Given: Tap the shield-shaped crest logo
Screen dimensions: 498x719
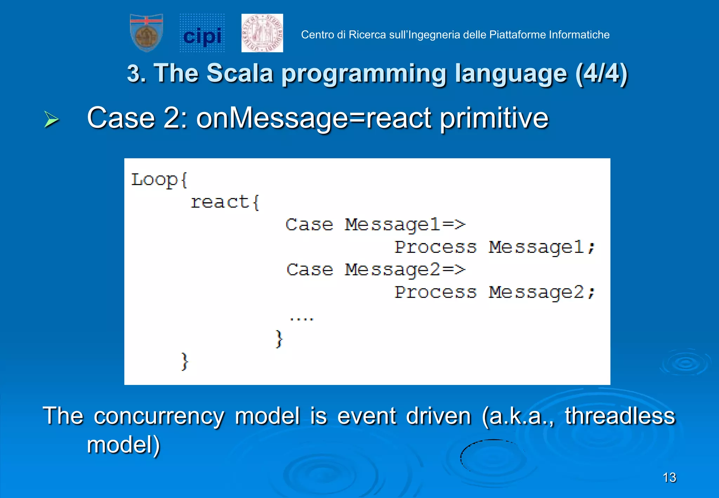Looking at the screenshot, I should point(146,33).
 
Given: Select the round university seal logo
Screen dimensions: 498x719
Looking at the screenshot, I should point(262,33).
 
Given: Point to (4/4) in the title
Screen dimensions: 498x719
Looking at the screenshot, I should point(601,73).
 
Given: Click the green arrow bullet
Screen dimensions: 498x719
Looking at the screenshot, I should point(51,119).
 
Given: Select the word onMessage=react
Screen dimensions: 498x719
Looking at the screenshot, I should point(314,118).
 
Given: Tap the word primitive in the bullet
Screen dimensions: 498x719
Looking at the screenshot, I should point(494,118).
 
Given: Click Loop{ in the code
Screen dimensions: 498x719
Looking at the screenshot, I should point(159,180).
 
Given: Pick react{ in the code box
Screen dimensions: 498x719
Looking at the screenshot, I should point(225,203).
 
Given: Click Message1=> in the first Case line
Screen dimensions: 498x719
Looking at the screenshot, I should point(405,225).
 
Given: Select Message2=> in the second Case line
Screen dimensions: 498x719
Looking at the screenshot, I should point(405,270).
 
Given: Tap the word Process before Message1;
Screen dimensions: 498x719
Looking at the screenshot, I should point(435,247).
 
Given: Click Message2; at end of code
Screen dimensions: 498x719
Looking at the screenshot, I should point(542,293).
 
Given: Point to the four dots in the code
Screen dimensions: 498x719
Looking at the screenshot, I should point(301,319).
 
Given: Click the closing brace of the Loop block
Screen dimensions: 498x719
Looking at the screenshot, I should point(184,361).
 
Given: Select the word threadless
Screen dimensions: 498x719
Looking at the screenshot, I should point(620,416).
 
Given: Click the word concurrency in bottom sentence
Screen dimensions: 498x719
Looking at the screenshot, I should point(159,417).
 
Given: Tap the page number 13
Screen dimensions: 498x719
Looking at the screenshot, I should point(669,478).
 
